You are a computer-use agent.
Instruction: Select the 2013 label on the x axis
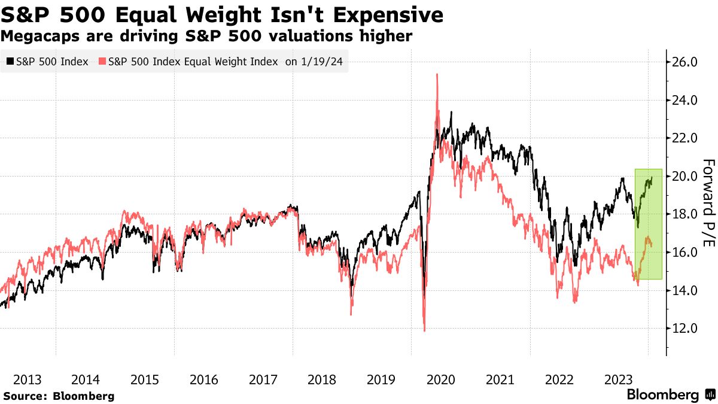pyautogui.click(x=27, y=379)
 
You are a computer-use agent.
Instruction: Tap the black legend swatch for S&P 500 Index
pyautogui.click(x=10, y=62)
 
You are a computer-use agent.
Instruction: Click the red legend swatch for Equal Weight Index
pyautogui.click(x=102, y=62)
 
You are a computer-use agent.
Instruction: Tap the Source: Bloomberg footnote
pyautogui.click(x=59, y=396)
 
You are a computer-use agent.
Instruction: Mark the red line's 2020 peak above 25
pyautogui.click(x=437, y=74)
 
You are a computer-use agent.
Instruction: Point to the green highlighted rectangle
pyautogui.click(x=648, y=224)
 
